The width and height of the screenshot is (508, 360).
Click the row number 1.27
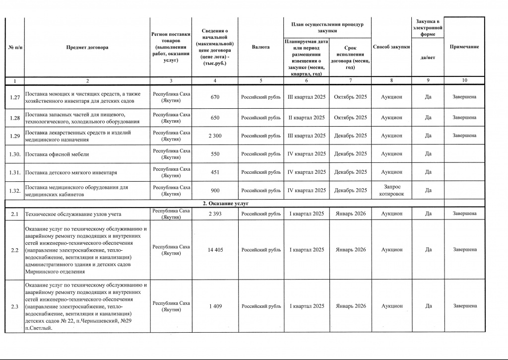(14, 97)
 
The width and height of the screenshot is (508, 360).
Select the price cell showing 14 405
(215, 250)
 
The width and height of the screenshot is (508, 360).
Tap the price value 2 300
(215, 136)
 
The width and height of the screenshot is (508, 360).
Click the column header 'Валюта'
(260, 47)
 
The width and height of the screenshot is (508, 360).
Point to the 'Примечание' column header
(464, 47)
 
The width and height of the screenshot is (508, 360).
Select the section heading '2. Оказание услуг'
(226, 204)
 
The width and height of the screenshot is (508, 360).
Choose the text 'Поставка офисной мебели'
(57, 154)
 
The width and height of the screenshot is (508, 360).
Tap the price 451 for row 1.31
(215, 172)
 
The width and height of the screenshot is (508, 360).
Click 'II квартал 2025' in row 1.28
(307, 118)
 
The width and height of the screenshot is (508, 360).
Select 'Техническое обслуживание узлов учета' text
(73, 214)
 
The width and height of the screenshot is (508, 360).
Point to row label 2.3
(14, 306)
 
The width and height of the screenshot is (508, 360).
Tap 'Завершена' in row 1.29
(464, 136)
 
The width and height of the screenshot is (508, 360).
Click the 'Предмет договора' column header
(87, 47)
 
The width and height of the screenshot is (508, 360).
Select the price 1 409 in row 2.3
(215, 306)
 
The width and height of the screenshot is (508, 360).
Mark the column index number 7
(350, 80)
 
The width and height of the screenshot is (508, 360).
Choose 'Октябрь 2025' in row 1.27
(350, 97)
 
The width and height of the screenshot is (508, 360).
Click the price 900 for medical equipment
(215, 191)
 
